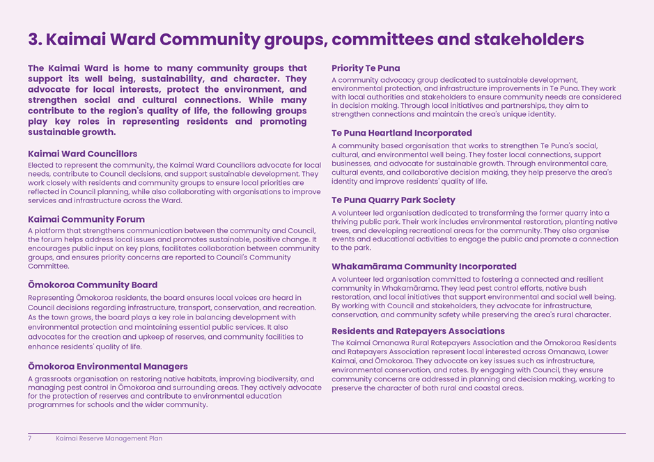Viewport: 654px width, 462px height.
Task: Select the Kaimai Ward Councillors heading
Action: (x=82, y=154)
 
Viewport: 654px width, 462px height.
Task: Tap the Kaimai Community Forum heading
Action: (x=86, y=220)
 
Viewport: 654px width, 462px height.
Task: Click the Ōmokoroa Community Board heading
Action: (x=93, y=285)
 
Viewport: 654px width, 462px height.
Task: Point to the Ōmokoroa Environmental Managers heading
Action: (x=108, y=367)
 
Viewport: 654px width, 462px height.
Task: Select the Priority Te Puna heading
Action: (x=366, y=68)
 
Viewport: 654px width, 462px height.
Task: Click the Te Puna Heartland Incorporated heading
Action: (x=402, y=133)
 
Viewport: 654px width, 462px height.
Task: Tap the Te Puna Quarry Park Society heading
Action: (x=394, y=200)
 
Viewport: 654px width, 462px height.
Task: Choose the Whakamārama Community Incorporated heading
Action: (x=424, y=266)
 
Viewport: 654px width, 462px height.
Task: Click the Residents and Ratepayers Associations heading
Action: (x=418, y=331)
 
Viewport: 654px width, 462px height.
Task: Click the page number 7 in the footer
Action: (x=30, y=439)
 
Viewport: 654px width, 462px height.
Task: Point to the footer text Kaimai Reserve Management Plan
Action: (x=109, y=439)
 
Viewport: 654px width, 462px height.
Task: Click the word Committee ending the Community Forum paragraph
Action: (x=48, y=266)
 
